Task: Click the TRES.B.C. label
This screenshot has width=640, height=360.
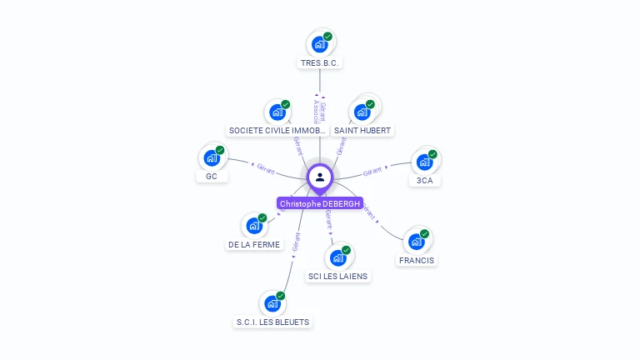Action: pos(321,63)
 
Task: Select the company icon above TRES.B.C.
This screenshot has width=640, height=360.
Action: pos(319,43)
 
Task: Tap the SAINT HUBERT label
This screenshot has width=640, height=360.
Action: pos(362,131)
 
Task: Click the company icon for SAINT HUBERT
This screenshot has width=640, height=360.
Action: pos(362,111)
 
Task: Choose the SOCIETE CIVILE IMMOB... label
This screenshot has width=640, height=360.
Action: pos(277,131)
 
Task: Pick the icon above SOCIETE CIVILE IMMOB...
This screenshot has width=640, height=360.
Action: pos(277,112)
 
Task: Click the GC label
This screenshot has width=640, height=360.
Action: pos(212,177)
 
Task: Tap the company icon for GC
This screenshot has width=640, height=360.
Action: pos(212,157)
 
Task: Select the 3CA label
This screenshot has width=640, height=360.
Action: pos(425,180)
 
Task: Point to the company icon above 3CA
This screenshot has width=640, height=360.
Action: pos(424,161)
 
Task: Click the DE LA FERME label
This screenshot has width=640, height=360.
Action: pos(254,245)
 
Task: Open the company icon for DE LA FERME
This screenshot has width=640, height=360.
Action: pos(254,225)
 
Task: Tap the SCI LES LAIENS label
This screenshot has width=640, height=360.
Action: pos(337,276)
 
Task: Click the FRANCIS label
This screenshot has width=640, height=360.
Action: pos(417,260)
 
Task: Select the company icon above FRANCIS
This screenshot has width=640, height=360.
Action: pos(416,241)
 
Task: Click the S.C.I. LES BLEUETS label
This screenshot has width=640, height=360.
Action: pos(272,322)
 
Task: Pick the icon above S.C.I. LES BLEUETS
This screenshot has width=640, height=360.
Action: pos(272,302)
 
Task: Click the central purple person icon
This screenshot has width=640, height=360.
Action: pos(320,177)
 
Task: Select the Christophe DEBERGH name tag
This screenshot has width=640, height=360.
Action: pos(320,203)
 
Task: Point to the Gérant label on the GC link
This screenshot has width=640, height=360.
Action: pos(266,168)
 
